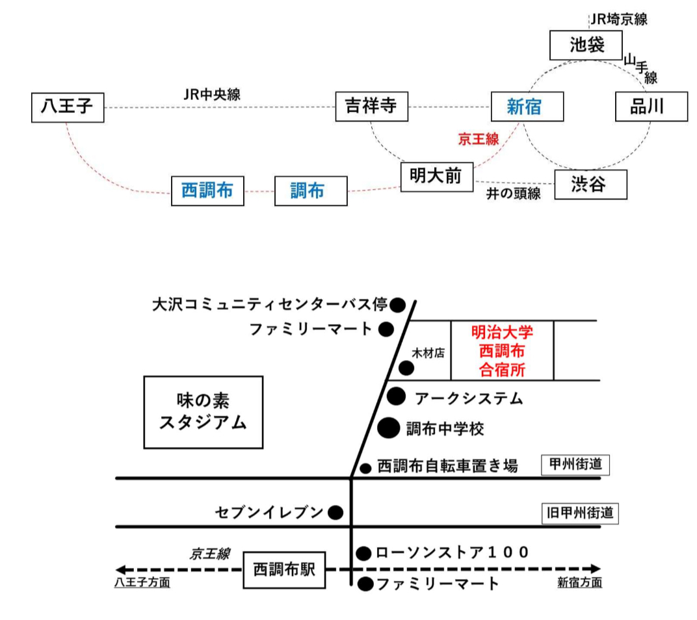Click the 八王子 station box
point(68,108)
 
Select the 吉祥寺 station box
point(371,107)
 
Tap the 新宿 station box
point(525,107)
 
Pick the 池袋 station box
point(586,45)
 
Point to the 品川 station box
point(651,107)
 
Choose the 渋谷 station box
point(590,185)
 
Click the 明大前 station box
point(436,176)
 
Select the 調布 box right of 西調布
point(310,191)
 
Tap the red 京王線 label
point(478,138)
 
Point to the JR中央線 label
point(211,94)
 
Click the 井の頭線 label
point(514,194)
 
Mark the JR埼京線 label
point(618,19)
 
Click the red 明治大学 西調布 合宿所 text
point(502,351)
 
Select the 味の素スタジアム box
point(203,412)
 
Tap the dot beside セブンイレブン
point(335,513)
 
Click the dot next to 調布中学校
point(389,428)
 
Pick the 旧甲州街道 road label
point(580,513)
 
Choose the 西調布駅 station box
point(284,570)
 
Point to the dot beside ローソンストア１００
point(364,553)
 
